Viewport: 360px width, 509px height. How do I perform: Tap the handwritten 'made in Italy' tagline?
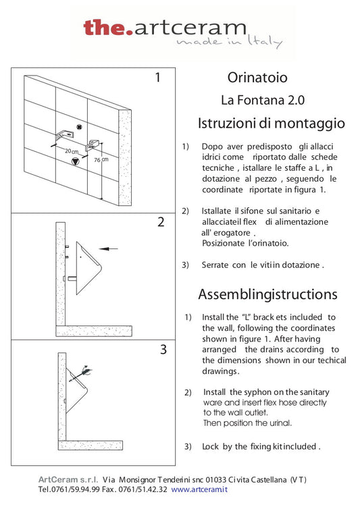coord(229,42)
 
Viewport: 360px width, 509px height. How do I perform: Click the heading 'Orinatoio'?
coord(248,78)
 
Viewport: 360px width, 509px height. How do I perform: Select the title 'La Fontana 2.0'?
coord(263,100)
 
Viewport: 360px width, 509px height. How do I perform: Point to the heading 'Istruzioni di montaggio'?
coord(271,124)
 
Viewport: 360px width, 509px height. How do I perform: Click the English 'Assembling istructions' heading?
coord(267,294)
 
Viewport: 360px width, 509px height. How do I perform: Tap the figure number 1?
coord(158,78)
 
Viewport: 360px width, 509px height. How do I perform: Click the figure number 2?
coord(161,222)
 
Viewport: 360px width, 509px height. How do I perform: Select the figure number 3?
coord(163,350)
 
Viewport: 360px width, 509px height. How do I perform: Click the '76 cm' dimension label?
coord(101,160)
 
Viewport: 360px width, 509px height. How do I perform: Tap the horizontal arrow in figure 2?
coord(108,249)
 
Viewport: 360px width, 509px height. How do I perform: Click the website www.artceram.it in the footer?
coord(199,489)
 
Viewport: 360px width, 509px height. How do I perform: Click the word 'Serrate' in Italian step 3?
coord(216,265)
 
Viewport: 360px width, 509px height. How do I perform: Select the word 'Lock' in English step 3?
coord(211,446)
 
